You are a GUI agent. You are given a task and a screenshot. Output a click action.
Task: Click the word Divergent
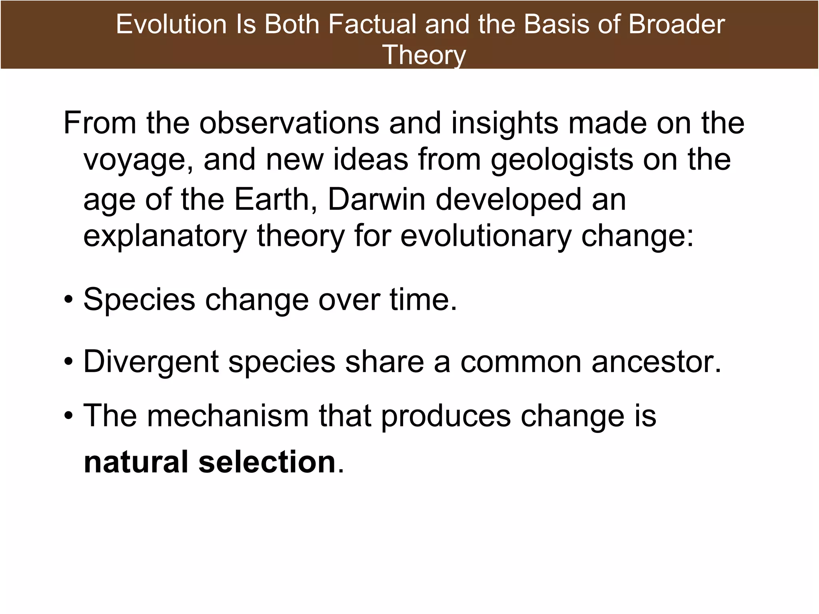pyautogui.click(x=151, y=362)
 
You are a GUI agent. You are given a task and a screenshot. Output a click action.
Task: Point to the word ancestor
pyautogui.click(x=656, y=362)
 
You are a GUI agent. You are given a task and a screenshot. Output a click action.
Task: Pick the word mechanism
pyautogui.click(x=228, y=416)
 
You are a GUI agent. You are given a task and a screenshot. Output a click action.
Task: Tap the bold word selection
pyautogui.click(x=267, y=462)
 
